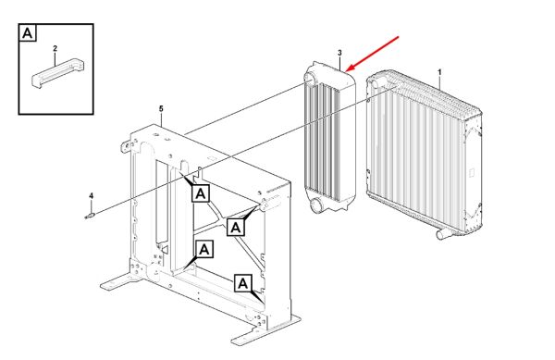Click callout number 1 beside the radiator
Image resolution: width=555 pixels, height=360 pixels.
[x=439, y=72]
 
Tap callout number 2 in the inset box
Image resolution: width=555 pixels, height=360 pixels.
[x=55, y=48]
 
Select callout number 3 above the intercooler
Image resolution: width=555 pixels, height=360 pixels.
[x=339, y=53]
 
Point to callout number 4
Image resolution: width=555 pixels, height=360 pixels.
[x=91, y=196]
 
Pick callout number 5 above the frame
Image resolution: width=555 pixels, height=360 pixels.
[x=161, y=108]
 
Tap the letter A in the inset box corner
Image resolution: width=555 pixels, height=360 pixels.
[x=27, y=33]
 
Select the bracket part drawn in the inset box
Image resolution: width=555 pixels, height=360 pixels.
[x=58, y=72]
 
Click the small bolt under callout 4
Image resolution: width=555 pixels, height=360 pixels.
[x=90, y=216]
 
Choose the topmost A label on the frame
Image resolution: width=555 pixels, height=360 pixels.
[x=201, y=193]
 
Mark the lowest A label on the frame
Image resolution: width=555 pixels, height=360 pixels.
[x=242, y=283]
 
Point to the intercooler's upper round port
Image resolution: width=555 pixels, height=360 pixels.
[x=308, y=78]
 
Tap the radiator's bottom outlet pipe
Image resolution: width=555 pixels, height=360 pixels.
[x=442, y=234]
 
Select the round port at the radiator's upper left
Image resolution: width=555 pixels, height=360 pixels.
[x=374, y=83]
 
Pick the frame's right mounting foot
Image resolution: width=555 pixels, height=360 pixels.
[x=265, y=330]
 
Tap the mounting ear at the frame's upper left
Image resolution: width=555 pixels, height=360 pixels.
[x=125, y=146]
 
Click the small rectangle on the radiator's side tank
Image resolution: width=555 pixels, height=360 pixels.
[x=472, y=173]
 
